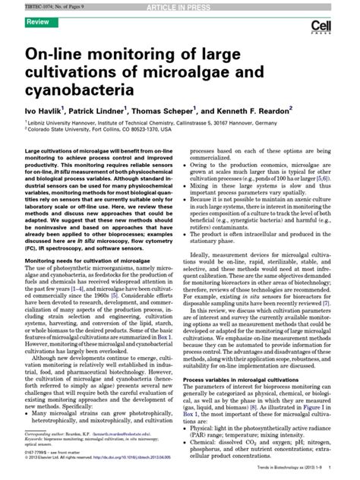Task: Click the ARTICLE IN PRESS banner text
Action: (x=180, y=5)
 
